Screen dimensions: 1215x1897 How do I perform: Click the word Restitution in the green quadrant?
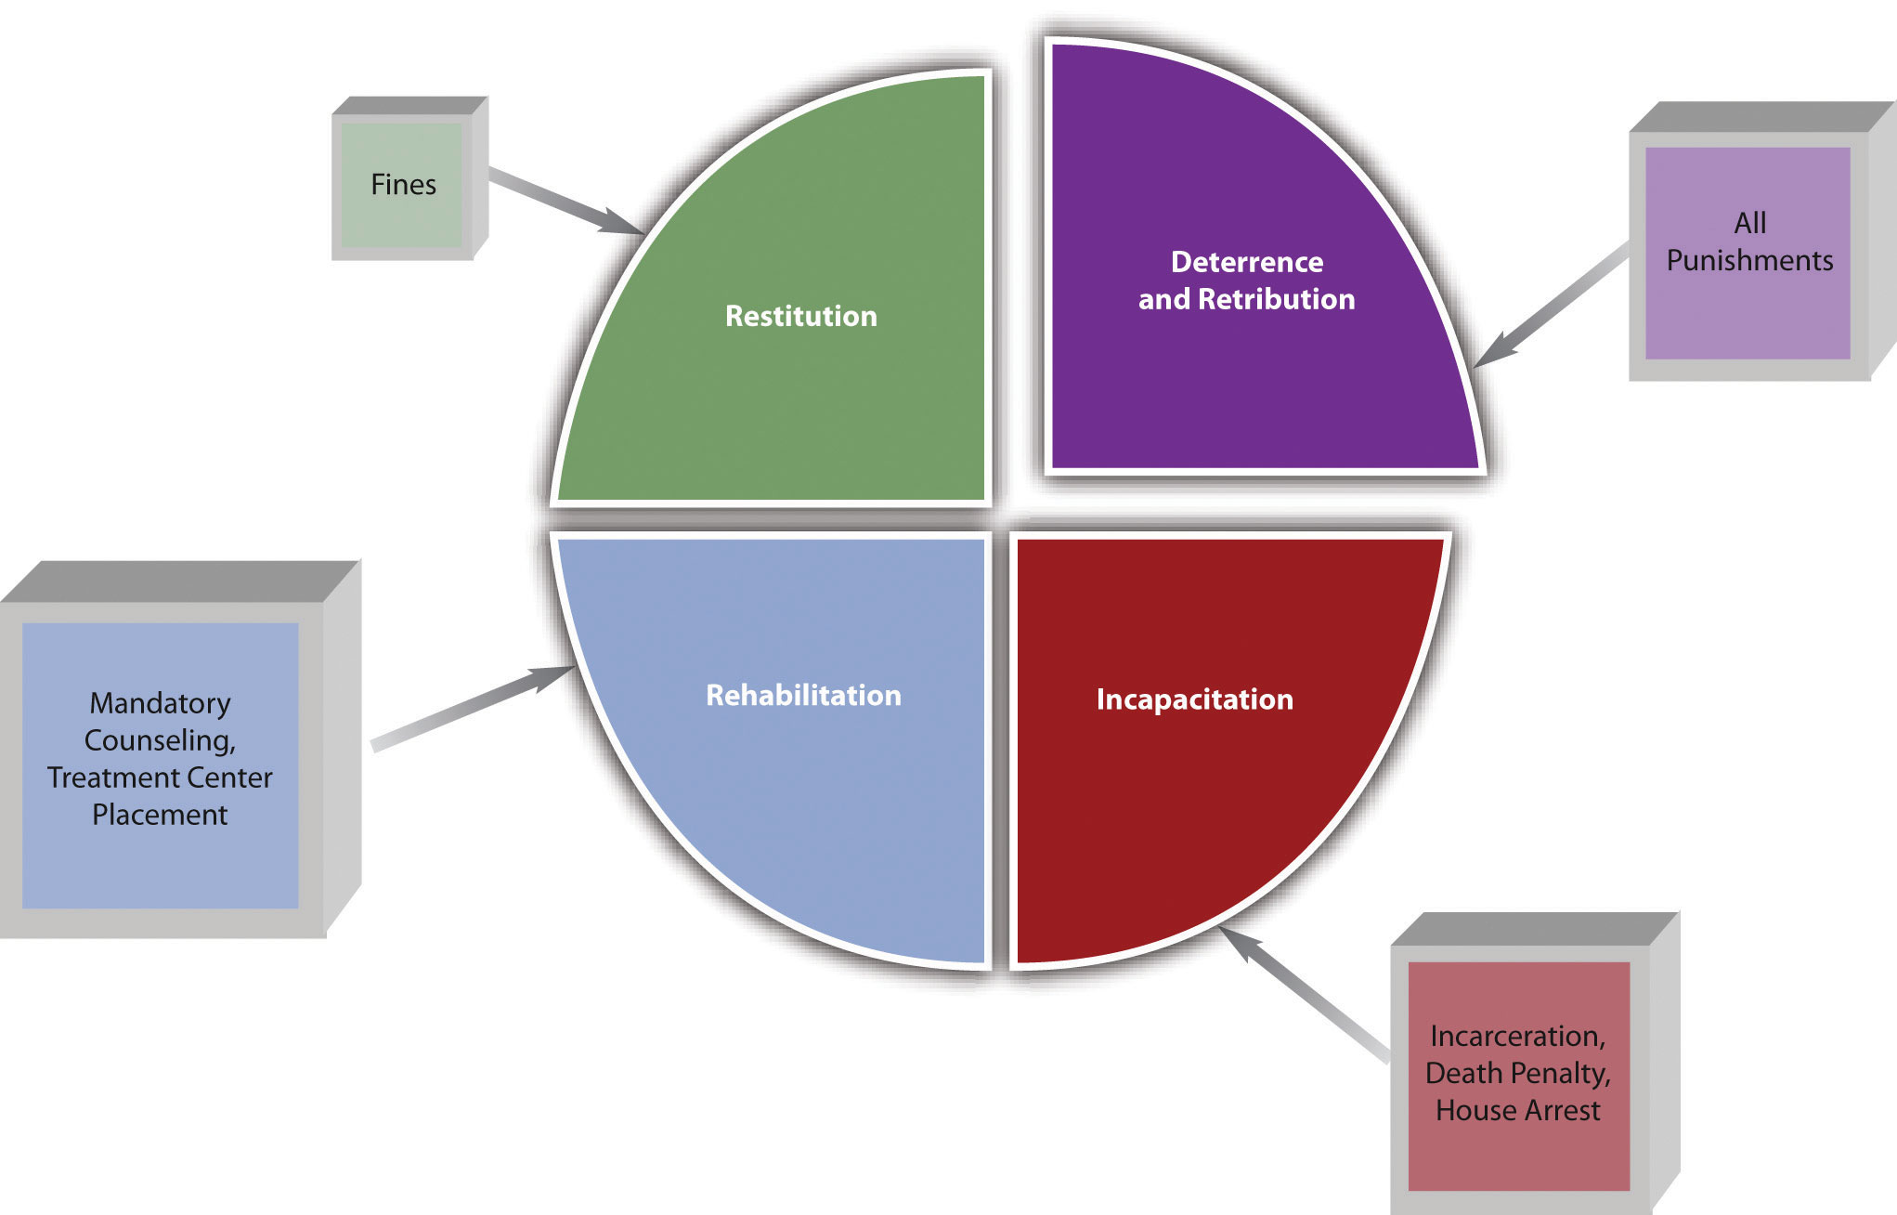tap(800, 316)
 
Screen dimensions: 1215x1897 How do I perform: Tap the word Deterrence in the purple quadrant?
tap(1247, 262)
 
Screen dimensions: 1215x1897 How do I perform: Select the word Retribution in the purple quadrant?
tap(1276, 299)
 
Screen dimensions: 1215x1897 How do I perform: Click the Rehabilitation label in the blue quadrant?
tap(803, 695)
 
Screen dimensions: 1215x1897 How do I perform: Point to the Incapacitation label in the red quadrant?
tap(1194, 699)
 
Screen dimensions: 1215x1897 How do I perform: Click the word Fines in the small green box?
tap(403, 185)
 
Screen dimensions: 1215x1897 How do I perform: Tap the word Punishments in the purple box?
tap(1749, 260)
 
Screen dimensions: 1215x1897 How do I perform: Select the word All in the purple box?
tap(1749, 223)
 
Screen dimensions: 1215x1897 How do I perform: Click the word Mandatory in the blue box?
tap(160, 703)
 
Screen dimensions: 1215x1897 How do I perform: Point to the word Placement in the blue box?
tap(160, 815)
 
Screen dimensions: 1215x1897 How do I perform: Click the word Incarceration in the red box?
tap(1516, 1036)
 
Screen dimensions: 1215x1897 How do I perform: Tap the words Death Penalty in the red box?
tap(1517, 1073)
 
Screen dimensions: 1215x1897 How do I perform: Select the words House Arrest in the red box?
tap(1517, 1110)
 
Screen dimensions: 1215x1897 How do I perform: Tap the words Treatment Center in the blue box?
tap(160, 777)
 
